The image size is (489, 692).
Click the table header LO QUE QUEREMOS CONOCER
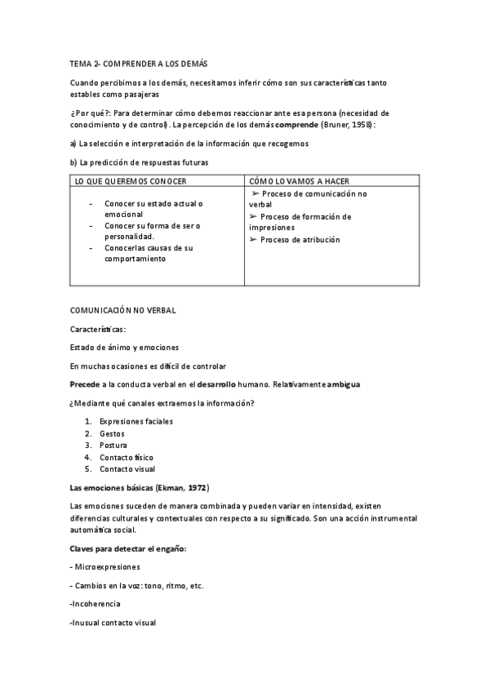tap(130, 180)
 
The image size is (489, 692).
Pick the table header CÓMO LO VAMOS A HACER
tap(296, 180)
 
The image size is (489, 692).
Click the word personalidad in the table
tap(129, 236)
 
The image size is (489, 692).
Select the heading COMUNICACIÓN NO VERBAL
tap(122, 310)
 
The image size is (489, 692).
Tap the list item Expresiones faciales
tap(136, 421)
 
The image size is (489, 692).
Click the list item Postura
tap(113, 445)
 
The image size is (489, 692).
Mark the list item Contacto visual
tap(127, 469)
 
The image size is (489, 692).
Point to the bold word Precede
tap(86, 384)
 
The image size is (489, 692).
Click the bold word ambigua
tap(339, 384)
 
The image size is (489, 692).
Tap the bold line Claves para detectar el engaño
tap(129, 548)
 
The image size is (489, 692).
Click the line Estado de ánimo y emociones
tap(124, 348)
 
